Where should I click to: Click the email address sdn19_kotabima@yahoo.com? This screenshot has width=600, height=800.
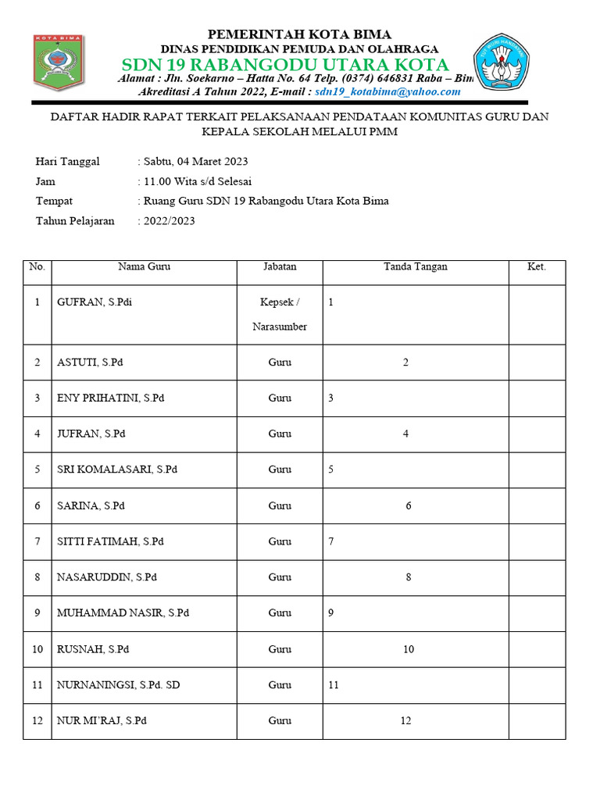pyautogui.click(x=387, y=91)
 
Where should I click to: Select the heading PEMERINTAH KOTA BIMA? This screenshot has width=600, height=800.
pyautogui.click(x=299, y=34)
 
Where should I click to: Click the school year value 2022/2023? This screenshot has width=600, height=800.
pyautogui.click(x=169, y=221)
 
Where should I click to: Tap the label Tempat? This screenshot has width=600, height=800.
pyautogui.click(x=54, y=201)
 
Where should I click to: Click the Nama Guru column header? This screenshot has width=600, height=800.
pyautogui.click(x=144, y=266)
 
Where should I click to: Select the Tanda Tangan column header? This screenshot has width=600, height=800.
pyautogui.click(x=416, y=266)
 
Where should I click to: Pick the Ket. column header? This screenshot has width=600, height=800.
pyautogui.click(x=537, y=266)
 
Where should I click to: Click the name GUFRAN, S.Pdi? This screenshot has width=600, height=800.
pyautogui.click(x=95, y=302)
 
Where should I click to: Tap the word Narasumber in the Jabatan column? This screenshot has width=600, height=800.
pyautogui.click(x=280, y=327)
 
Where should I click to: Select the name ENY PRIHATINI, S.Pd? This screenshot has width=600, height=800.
pyautogui.click(x=111, y=398)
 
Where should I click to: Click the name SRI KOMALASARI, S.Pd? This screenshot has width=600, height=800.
pyautogui.click(x=117, y=470)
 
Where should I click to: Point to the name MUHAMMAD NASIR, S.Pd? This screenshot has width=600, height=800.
pyautogui.click(x=123, y=613)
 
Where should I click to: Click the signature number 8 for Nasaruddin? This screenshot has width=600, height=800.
pyautogui.click(x=409, y=577)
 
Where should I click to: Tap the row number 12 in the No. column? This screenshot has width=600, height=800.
pyautogui.click(x=37, y=721)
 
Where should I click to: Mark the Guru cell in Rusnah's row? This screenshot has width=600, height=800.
pyautogui.click(x=280, y=649)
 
